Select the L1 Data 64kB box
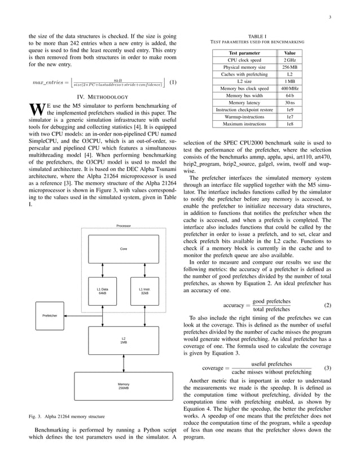[102, 291]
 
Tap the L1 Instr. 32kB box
[144, 291]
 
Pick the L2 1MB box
[123, 340]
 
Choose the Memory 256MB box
[123, 386]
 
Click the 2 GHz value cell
[289, 59]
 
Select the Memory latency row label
[244, 103]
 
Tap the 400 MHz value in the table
[289, 88]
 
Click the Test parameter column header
[244, 52]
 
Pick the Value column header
[289, 52]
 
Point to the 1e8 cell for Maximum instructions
[289, 124]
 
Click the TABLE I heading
[257, 36]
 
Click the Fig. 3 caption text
[67, 417]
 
